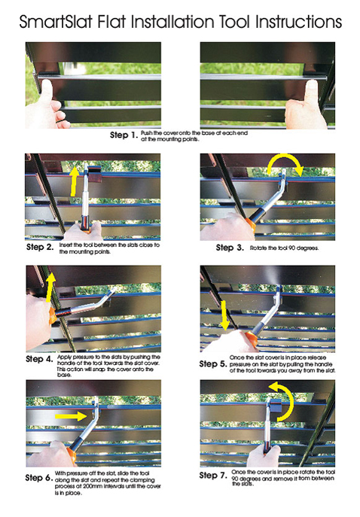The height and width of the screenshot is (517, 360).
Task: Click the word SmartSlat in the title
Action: (56, 23)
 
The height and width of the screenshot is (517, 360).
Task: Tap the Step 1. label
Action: (124, 135)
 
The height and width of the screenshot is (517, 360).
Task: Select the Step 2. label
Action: (40, 247)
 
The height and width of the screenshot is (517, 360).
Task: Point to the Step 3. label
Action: (230, 248)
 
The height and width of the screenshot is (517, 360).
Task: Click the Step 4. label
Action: (40, 359)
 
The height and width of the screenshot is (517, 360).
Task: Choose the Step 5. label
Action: (213, 364)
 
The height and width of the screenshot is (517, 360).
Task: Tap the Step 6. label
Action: (39, 477)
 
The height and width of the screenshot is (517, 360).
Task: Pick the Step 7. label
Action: (213, 475)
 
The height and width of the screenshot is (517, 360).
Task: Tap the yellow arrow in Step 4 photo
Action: (50, 287)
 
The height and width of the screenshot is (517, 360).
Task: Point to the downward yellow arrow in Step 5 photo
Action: (225, 315)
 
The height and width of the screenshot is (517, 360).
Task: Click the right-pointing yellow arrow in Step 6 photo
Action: (71, 416)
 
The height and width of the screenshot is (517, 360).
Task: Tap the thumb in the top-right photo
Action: (311, 91)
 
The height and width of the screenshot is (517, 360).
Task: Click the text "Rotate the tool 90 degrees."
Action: (284, 248)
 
